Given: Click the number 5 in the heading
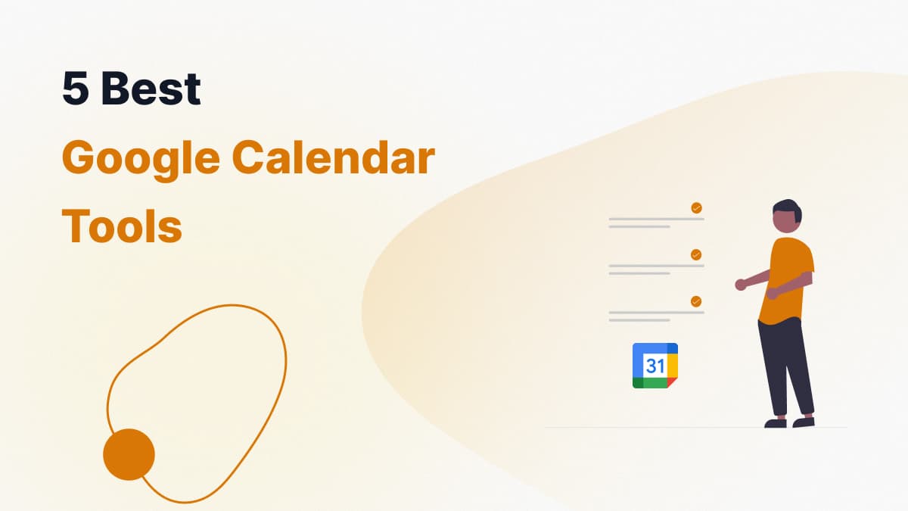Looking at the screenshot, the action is coord(76,88).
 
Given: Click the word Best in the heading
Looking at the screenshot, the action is coord(151,88).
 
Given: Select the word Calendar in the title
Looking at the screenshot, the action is coord(333,157).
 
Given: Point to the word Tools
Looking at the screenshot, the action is coord(122,226).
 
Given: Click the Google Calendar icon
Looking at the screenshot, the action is coord(655,366).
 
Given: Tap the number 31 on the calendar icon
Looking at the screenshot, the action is coord(655,366).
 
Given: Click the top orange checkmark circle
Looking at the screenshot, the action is coord(696,208).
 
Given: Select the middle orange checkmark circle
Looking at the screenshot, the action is coord(696,254).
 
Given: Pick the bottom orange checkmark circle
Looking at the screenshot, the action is coord(696,301).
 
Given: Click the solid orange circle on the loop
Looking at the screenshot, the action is coord(129,454).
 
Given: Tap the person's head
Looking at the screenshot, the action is coord(787,217).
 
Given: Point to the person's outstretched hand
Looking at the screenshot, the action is coord(741,285).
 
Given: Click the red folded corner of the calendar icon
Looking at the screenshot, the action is coord(673,383).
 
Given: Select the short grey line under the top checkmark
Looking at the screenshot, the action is coord(639,226).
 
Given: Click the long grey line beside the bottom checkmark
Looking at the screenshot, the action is coord(656,313).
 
